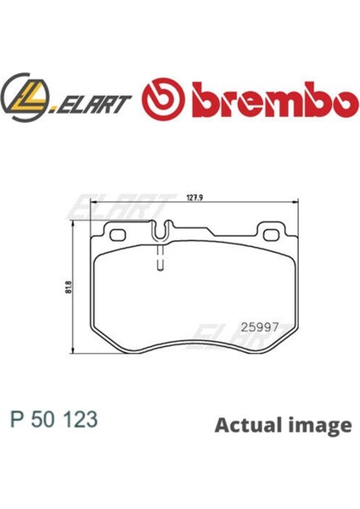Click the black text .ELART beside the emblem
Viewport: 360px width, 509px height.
pos(93,103)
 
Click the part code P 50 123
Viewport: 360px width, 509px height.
pos(54,418)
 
